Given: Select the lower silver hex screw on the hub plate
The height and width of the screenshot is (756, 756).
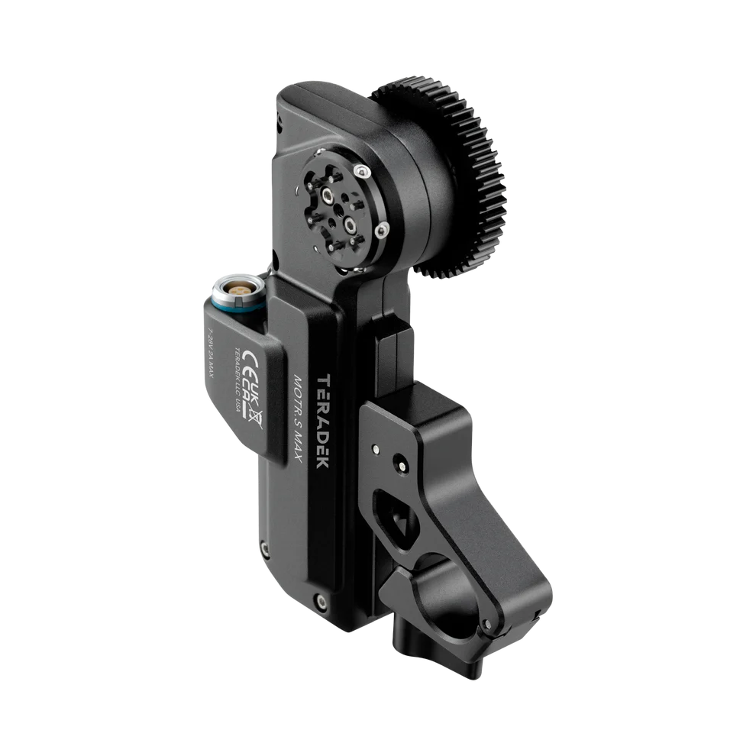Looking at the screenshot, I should click(348, 223).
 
